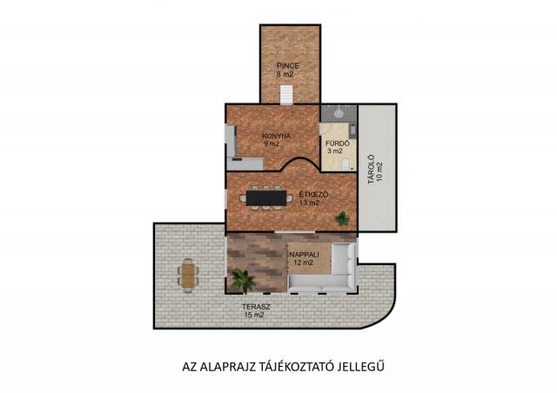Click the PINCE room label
[x=288, y=66]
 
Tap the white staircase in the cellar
[x=286, y=95]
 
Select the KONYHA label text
[x=277, y=136]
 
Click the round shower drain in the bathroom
[x=339, y=112]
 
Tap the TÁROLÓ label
[x=372, y=170]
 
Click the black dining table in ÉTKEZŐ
[x=266, y=198]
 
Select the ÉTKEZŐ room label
[x=313, y=195]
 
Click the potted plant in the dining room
[x=342, y=218]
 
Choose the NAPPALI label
[x=304, y=255]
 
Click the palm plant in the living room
[x=244, y=280]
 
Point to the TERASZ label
[x=256, y=307]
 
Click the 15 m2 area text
[x=254, y=315]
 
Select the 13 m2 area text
[x=309, y=203]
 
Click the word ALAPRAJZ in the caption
[x=228, y=367]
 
